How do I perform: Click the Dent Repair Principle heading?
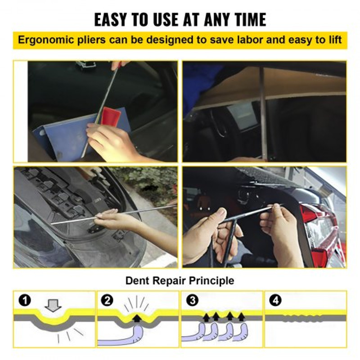(x=180, y=281)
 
